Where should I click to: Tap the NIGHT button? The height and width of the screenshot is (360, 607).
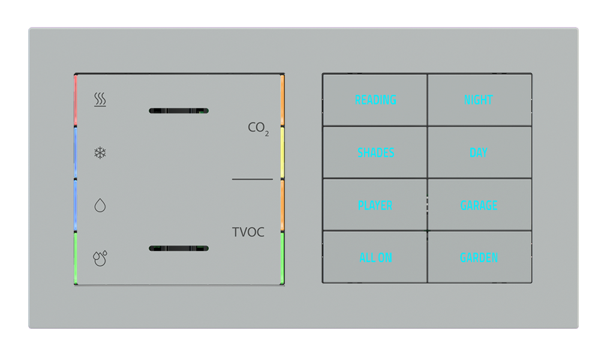tap(479, 100)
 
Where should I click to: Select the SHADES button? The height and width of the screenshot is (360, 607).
tap(375, 152)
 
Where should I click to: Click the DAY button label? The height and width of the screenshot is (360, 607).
tap(479, 152)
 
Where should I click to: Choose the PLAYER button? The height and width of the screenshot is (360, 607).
tap(375, 205)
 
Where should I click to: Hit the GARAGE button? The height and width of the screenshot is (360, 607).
tap(479, 205)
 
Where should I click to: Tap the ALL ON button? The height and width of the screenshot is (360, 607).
tap(375, 258)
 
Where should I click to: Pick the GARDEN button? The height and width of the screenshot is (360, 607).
tap(479, 258)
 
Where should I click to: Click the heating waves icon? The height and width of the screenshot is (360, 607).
tap(100, 100)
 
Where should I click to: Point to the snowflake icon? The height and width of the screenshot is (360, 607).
tap(100, 153)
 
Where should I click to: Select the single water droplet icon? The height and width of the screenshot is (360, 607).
tap(100, 206)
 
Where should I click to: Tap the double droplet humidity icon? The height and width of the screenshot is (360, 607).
tap(100, 258)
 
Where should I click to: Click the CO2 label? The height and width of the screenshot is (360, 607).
tap(258, 128)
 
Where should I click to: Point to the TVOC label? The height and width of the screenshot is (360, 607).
tap(248, 232)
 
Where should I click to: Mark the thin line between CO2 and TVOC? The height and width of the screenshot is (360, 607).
tap(252, 179)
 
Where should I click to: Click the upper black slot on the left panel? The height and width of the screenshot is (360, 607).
tap(178, 111)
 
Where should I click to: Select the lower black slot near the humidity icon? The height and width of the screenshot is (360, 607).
tap(178, 248)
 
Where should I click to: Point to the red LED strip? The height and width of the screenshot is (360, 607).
tap(76, 100)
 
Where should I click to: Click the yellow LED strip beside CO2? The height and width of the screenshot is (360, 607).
tap(283, 152)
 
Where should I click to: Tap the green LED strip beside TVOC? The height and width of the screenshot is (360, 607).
tap(283, 258)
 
